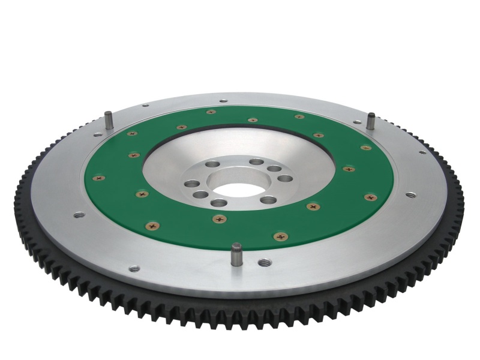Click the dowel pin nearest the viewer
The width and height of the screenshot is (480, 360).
(236, 253)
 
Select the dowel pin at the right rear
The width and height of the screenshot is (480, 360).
(371, 120)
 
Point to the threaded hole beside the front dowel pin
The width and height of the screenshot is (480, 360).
(264, 262)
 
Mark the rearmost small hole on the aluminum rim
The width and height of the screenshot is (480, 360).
(223, 101)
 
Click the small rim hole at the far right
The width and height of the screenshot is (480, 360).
(410, 194)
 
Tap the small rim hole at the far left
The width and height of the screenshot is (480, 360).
(79, 214)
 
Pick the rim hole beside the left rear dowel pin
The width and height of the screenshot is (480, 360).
(145, 106)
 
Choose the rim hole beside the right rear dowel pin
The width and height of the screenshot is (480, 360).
(358, 122)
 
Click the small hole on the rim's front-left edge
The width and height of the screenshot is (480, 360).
(134, 268)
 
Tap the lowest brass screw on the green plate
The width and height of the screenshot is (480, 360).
(280, 236)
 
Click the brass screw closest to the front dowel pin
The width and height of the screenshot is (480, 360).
(220, 219)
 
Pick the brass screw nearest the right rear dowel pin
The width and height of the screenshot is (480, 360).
(365, 147)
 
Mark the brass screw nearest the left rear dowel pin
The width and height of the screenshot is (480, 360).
(132, 133)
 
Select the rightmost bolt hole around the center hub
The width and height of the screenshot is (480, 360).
(285, 178)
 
